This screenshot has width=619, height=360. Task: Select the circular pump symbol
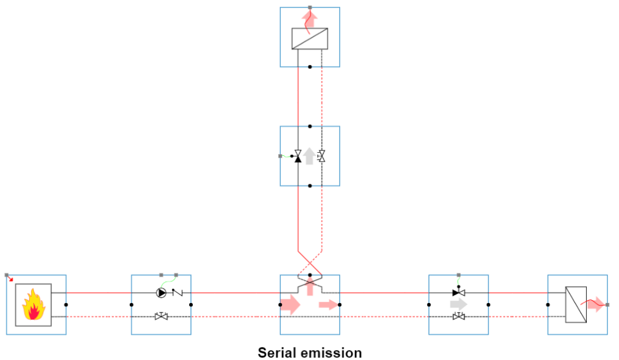point(161,293)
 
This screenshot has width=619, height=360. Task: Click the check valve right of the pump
point(176,293)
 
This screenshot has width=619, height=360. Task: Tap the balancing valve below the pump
point(161,317)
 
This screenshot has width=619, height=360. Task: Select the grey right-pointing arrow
point(459,304)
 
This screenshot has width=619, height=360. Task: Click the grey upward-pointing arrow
point(309,156)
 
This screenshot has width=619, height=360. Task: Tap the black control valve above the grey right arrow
point(458,293)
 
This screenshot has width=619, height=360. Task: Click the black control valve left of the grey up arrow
point(297,156)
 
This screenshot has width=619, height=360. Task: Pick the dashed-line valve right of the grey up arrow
point(322,156)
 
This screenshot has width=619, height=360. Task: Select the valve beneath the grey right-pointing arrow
point(458,317)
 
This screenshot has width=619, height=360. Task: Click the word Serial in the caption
point(276,353)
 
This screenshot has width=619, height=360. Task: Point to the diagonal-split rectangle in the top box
point(310,39)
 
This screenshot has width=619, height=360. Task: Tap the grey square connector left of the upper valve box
point(281,156)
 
